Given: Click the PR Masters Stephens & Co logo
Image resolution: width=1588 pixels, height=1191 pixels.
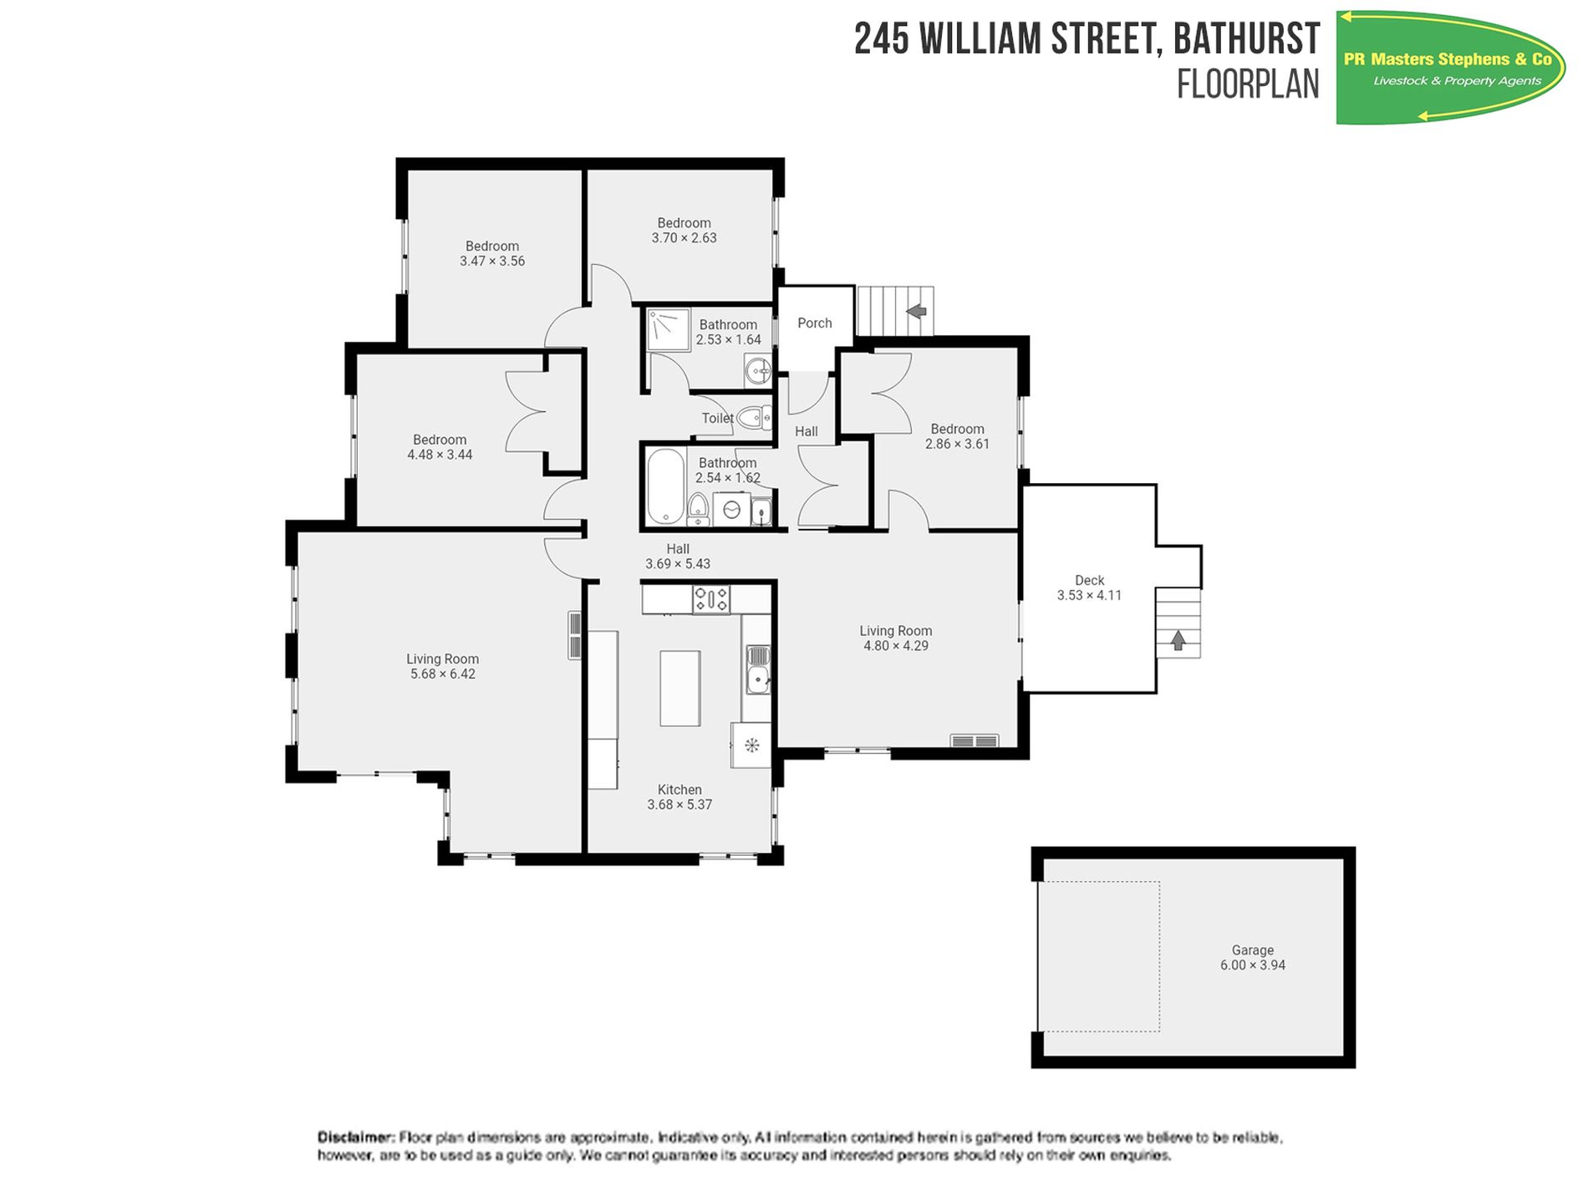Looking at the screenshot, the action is pos(1450,68).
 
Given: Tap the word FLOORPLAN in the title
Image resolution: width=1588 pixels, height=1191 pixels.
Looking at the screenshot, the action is pos(1248,84).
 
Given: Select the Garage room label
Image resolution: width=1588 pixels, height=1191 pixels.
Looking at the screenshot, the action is pos(1252,949).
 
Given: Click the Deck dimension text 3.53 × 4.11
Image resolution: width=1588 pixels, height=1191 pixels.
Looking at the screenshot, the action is pos(1089,595).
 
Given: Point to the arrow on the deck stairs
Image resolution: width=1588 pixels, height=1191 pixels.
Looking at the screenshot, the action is pos(1178,640).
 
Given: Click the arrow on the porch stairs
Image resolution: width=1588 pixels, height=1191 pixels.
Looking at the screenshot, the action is pos(917,312).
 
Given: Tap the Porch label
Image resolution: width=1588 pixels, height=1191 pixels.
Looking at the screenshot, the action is pos(815,323).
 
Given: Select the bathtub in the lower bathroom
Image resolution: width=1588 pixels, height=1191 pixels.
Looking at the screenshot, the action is pos(665,486).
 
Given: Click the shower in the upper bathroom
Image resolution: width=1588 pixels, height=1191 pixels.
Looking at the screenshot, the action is pos(669,330).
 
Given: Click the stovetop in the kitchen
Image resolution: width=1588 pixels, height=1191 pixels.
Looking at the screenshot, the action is pos(711,599).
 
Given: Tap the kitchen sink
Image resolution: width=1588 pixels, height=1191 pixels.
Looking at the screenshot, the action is pos(758,669).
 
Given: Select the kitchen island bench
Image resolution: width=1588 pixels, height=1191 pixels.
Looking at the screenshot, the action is pos(680,689).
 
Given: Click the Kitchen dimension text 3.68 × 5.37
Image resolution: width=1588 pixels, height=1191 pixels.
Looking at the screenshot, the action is pos(679,804).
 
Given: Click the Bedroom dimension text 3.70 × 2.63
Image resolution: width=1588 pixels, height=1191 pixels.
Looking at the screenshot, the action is pos(685,237).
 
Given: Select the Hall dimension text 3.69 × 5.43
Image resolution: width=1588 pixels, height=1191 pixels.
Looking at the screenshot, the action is pos(678,563).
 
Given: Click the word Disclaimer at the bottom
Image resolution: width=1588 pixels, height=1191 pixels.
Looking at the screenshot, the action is pos(355,1137).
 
